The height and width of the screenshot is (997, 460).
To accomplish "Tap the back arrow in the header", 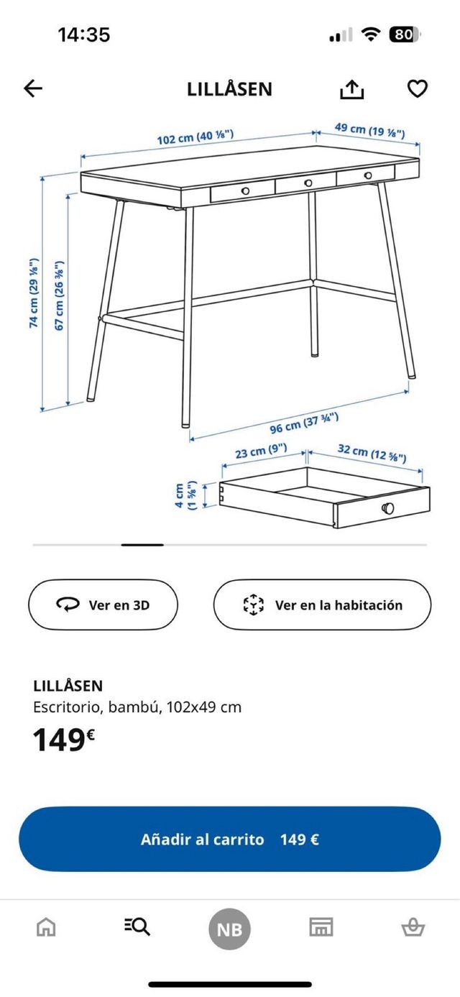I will coord(33,88).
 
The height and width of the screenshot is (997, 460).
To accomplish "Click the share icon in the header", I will coord(352,89).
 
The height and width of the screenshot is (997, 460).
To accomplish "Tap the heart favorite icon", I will coord(418,88).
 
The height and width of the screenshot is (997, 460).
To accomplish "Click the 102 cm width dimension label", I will coord(195,137).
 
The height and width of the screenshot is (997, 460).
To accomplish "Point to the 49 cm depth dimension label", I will coord(369,131).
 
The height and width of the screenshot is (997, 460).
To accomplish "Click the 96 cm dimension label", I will coord(304,423).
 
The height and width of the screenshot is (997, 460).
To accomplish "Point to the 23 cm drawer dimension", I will coord(261,452).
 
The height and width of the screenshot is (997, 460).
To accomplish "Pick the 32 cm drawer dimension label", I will coord(372,453).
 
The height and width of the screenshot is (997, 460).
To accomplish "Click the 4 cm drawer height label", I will coord(185,495).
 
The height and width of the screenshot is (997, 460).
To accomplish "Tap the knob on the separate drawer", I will coord(388,508).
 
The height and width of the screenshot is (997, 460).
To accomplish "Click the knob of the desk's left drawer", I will coord(245,190).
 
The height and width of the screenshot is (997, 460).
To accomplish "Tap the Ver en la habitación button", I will coord(322,605).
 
